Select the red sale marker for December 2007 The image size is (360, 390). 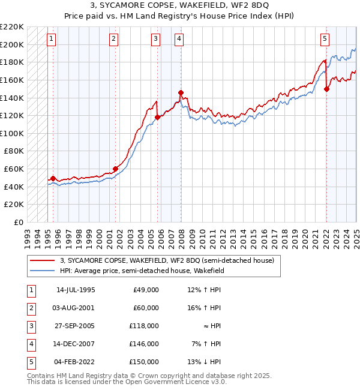(x=181, y=92)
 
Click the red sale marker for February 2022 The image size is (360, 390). (x=326, y=89)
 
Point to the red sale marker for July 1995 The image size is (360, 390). (x=53, y=178)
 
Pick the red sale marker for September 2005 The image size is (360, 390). (x=157, y=118)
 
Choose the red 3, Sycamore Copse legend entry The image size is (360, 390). (x=167, y=260)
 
